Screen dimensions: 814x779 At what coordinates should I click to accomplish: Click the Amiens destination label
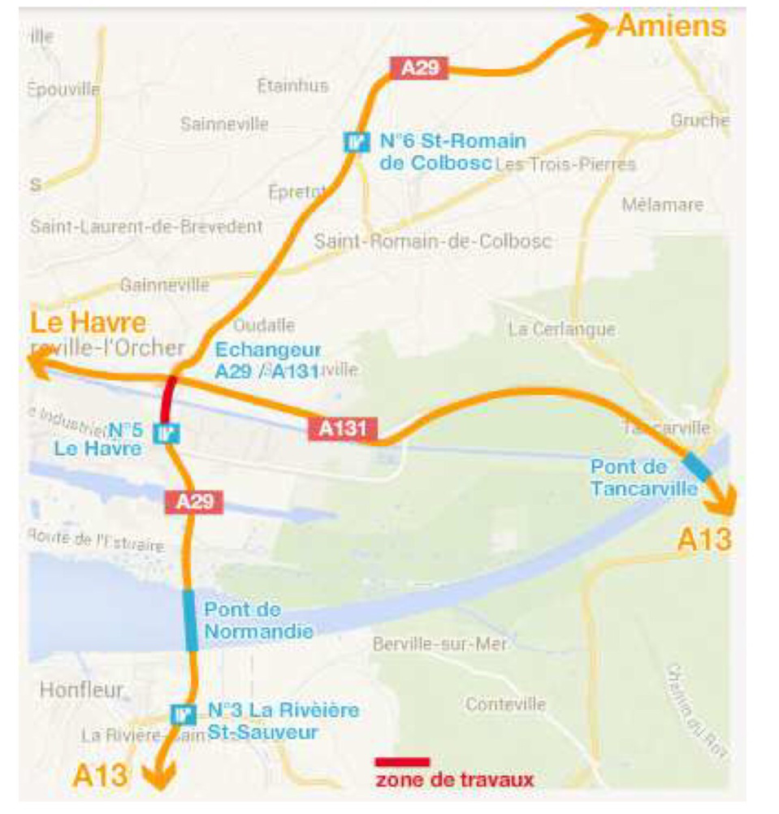671,26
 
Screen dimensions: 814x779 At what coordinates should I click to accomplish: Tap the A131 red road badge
343,428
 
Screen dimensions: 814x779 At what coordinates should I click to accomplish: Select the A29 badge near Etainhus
419,67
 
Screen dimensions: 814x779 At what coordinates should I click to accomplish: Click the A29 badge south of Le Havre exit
193,501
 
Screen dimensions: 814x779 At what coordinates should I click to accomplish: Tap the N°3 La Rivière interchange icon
184,714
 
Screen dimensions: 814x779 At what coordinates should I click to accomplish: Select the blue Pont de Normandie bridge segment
190,620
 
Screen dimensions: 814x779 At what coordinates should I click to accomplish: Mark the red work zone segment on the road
168,399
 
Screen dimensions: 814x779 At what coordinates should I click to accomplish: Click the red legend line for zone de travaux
401,762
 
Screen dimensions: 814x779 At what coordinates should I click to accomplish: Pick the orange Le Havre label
89,323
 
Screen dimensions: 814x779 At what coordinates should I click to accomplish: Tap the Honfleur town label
81,690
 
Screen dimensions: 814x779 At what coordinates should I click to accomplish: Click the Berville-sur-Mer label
439,644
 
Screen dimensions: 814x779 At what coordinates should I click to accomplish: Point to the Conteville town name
505,704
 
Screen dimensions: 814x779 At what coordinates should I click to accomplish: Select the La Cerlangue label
561,329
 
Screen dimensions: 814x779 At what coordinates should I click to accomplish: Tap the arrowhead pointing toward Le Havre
39,369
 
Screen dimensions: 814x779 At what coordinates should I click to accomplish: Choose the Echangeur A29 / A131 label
267,361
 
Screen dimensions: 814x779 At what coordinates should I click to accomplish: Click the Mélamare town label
662,204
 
